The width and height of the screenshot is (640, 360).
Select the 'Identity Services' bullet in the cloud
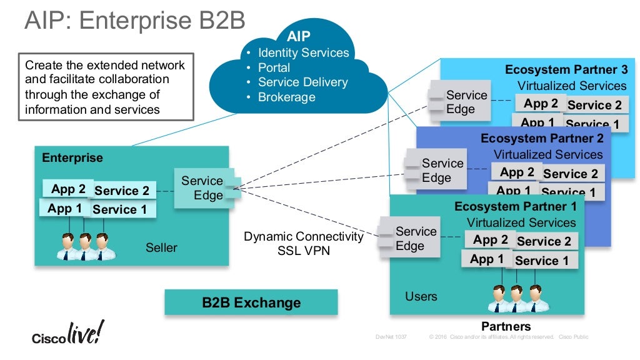pos(303,52)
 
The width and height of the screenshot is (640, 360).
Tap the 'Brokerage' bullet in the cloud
pos(286,97)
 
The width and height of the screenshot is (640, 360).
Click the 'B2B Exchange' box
pos(251,302)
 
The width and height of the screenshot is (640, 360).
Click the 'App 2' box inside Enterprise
pos(68,189)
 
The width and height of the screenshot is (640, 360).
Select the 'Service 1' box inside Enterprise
pos(120,209)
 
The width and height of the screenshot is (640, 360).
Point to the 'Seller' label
pos(161,247)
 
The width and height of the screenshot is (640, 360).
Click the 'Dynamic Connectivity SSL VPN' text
pos(303,243)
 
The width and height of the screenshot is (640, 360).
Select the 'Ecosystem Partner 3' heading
pos(566,69)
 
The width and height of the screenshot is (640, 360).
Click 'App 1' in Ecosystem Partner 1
pos(487,259)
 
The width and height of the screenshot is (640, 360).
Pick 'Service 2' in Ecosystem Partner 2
pos(570,174)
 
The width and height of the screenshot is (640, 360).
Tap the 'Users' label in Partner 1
pos(421,296)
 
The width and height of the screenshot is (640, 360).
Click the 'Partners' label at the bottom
pos(506,326)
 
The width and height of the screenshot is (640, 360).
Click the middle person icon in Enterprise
pos(84,246)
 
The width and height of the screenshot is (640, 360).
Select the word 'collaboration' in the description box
pos(132,79)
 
